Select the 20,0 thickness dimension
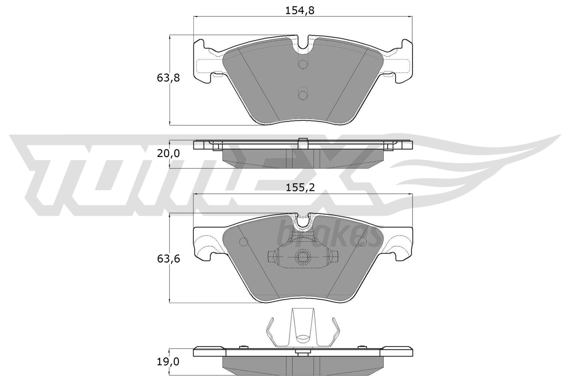tap(168, 153)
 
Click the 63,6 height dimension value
tap(168, 259)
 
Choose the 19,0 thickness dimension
tap(168, 362)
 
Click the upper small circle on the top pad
tap(303, 64)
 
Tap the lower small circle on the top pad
tap(303, 95)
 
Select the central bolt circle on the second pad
tap(303, 256)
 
